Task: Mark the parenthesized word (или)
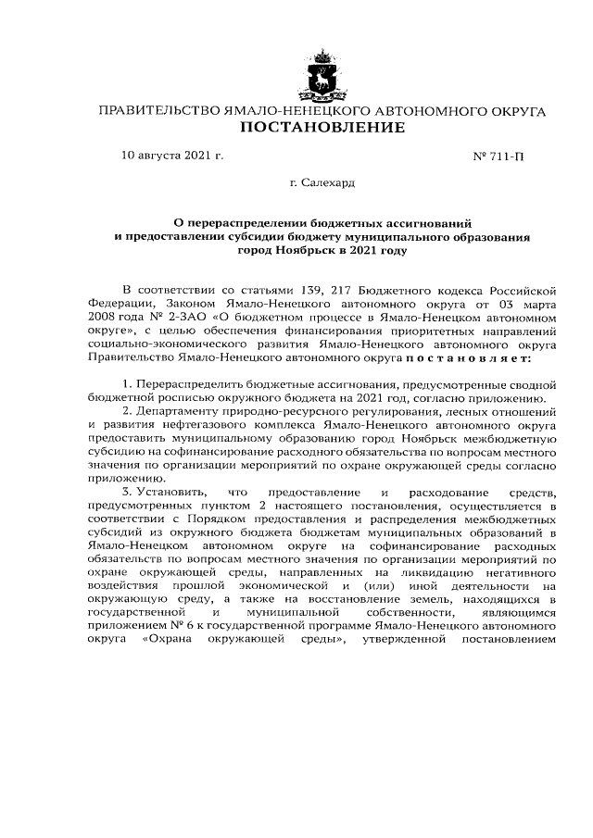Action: point(385,585)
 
